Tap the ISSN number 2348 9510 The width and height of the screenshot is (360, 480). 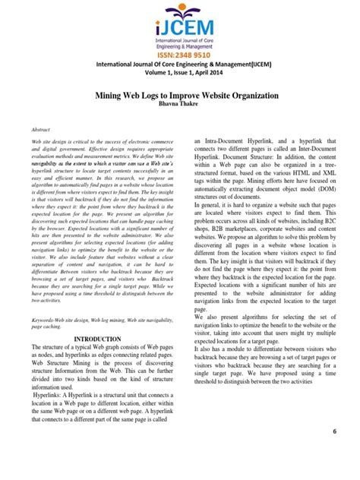point(180,54)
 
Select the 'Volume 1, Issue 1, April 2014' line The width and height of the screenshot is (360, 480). point(180,74)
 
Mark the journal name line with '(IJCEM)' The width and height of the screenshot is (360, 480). point(180,65)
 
